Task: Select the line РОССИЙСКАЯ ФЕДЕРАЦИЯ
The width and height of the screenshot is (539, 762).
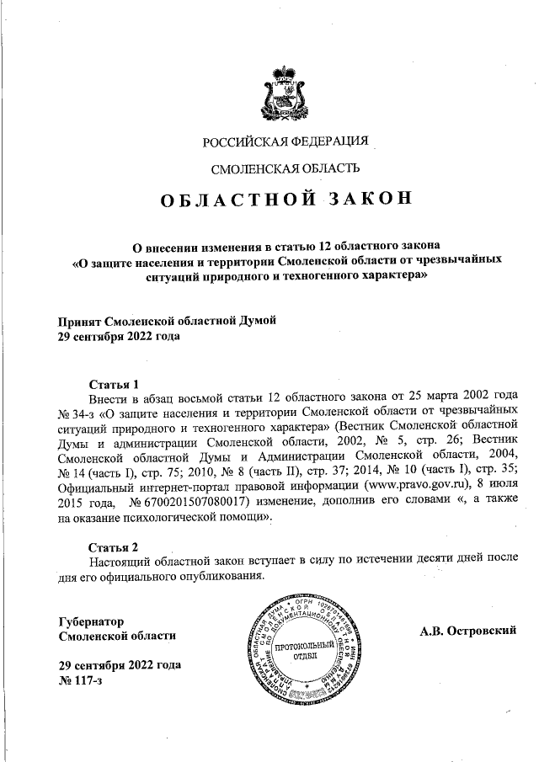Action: click(x=291, y=140)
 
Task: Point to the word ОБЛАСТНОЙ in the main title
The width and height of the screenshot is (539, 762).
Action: click(x=238, y=200)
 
